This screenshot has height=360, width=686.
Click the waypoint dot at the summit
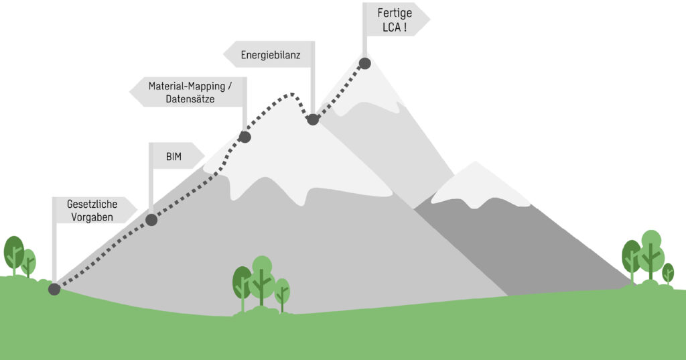coord(364,64)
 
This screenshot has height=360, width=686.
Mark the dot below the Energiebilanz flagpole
coord(312,119)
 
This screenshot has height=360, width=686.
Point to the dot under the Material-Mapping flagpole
coord(245,137)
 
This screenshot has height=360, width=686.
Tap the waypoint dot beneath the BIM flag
coord(151,219)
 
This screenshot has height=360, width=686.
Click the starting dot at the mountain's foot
coord(54,289)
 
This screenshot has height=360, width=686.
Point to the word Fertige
coord(394,12)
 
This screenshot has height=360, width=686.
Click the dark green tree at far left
coord(13,252)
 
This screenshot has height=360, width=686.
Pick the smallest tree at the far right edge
coord(668,273)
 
